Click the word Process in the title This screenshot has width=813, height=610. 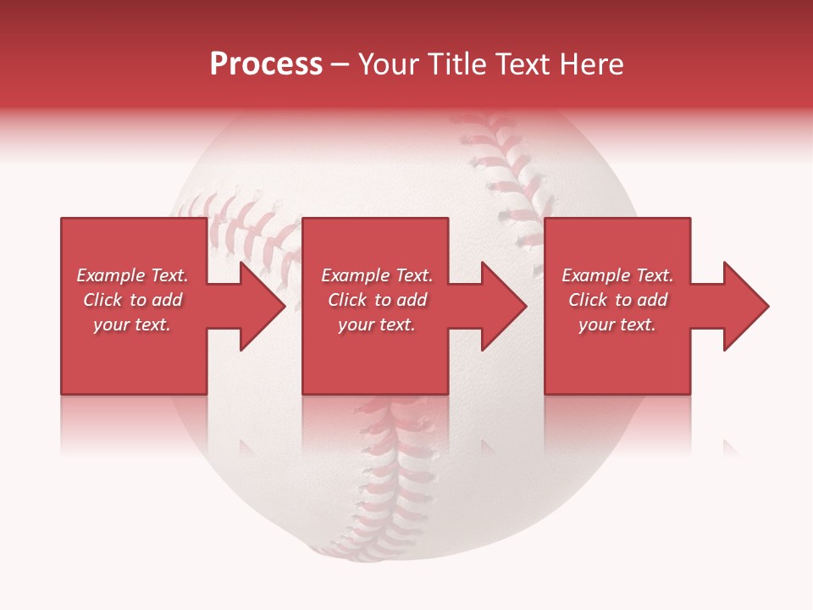click(266, 64)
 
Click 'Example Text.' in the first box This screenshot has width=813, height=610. click(132, 275)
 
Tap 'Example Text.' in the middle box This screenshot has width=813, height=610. click(377, 275)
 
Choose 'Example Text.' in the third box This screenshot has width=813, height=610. click(617, 275)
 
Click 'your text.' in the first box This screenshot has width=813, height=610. click(132, 324)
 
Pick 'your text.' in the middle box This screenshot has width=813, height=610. click(377, 324)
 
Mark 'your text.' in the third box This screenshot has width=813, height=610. click(617, 324)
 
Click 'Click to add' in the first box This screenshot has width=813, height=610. click(132, 300)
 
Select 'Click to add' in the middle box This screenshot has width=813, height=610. click(377, 300)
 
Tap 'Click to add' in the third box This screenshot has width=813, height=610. click(617, 300)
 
